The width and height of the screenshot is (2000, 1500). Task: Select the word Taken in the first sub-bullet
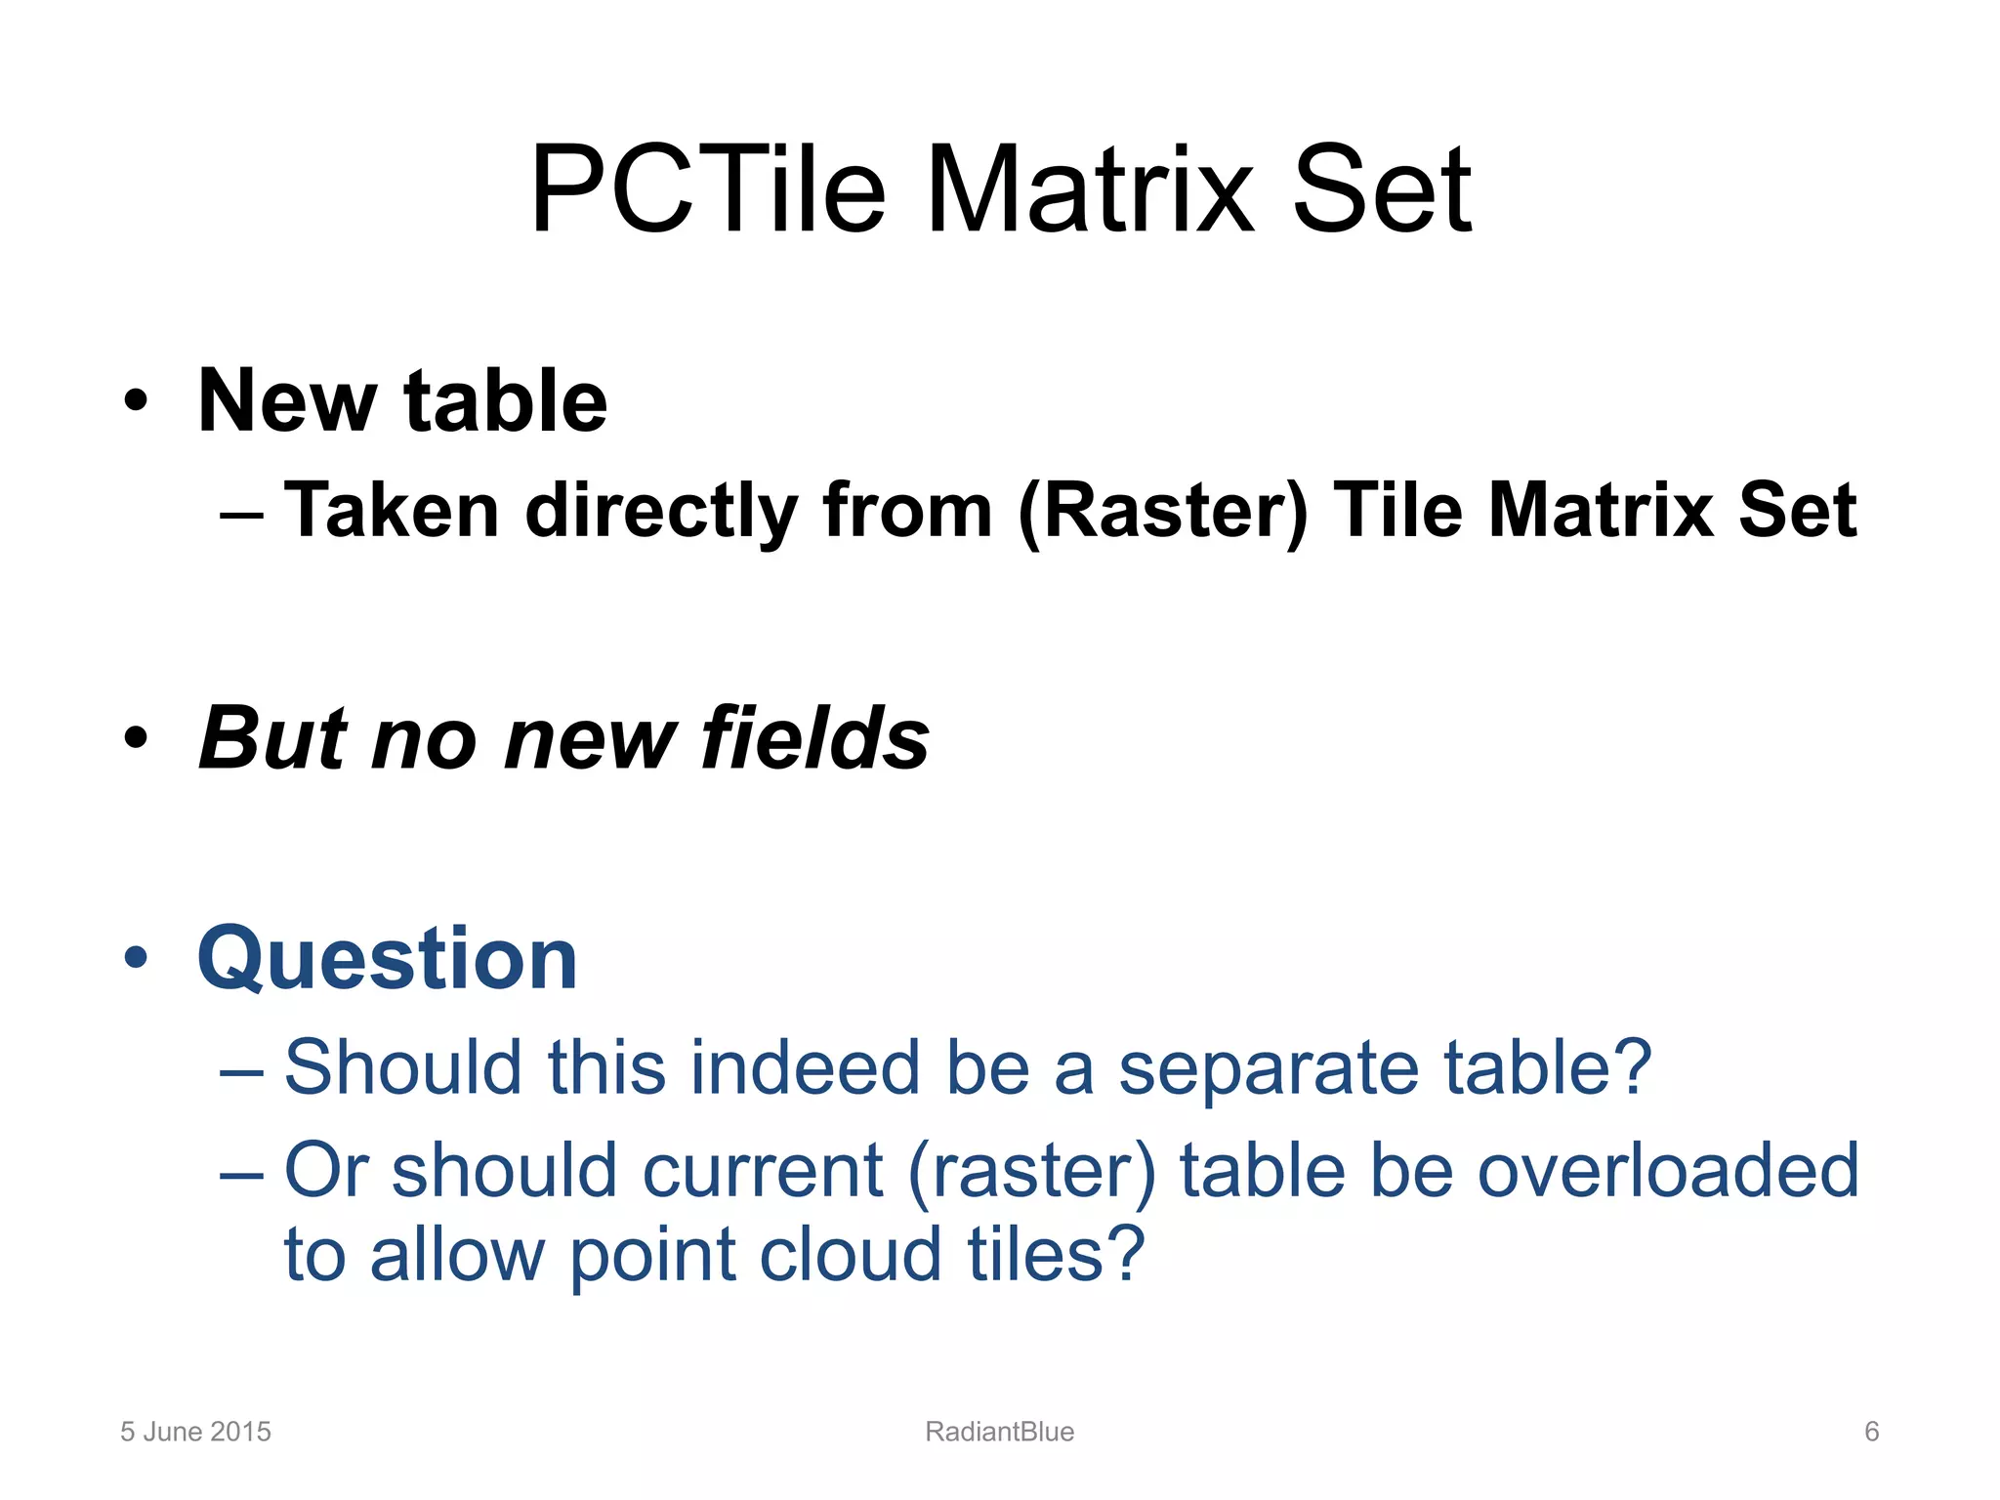pos(392,510)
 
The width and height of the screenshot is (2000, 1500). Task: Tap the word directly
pos(661,512)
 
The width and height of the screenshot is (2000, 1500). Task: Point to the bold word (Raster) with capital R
pos(1163,512)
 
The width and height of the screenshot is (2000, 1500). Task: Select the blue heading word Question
pos(388,959)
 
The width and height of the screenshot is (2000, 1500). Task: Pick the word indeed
pos(806,1066)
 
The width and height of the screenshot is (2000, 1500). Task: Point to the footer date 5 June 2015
pos(195,1432)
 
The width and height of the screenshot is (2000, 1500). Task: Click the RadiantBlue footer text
pos(999,1432)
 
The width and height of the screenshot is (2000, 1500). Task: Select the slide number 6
pos(1871,1432)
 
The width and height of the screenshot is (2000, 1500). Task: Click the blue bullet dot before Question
pos(136,958)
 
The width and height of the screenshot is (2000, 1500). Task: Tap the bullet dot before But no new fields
pos(136,737)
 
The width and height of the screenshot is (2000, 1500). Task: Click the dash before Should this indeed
pos(241,1069)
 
